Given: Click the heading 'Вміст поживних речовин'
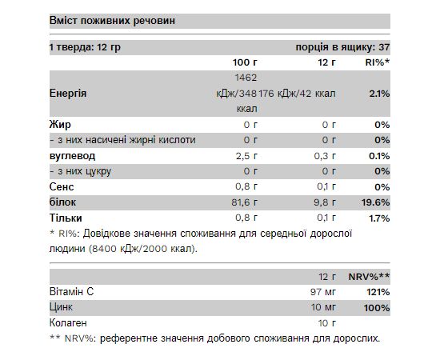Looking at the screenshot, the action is pos(114,19).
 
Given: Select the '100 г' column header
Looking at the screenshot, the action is pos(238,62).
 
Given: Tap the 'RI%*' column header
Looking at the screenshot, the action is pos(376,62).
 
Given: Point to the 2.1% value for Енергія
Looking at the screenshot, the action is pos(379,94).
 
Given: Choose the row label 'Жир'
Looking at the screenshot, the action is pos(59,125).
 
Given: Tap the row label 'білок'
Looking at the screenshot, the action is pos(64,201).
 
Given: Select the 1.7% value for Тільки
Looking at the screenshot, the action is pos(378,217).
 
